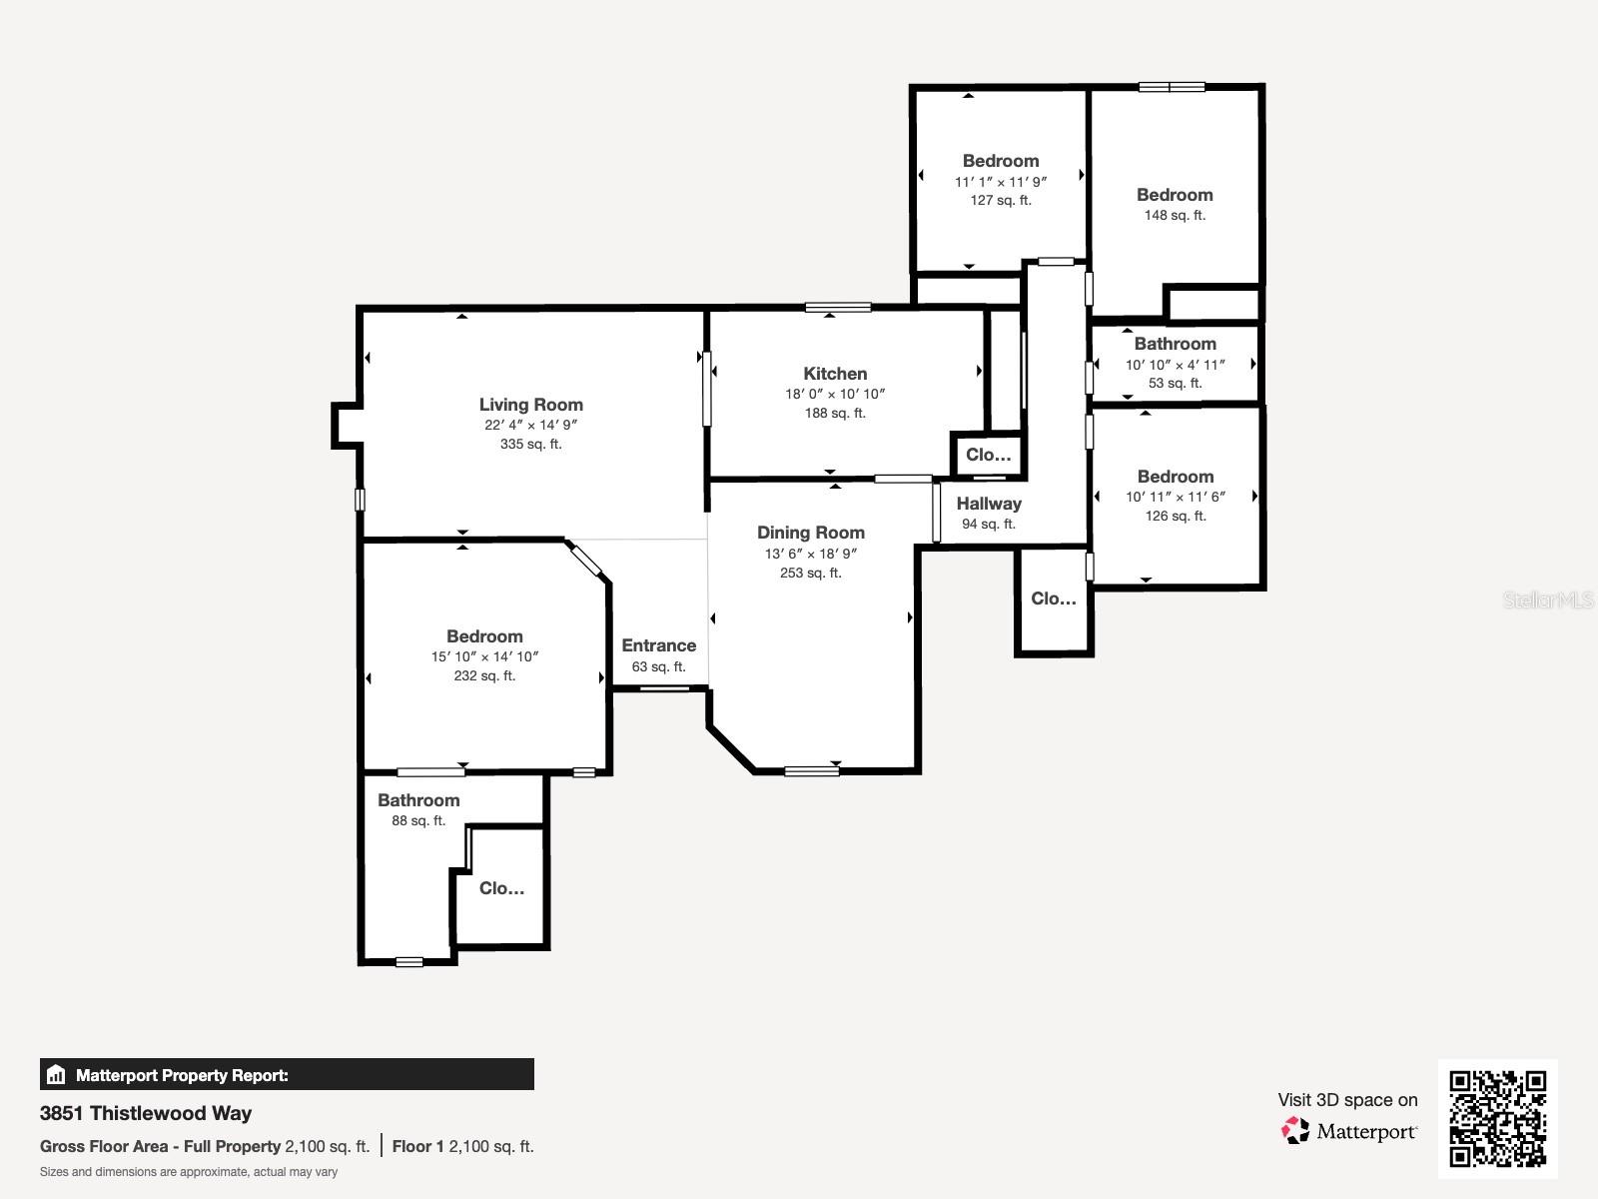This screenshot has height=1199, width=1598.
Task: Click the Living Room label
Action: [530, 405]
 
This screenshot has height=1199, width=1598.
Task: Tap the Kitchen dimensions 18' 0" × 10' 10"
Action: [835, 394]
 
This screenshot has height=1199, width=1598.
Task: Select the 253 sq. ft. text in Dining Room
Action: [810, 573]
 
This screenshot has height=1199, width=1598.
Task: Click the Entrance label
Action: [658, 645]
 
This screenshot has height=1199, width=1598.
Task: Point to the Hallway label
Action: [989, 504]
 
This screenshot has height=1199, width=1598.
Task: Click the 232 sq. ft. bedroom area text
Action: [484, 675]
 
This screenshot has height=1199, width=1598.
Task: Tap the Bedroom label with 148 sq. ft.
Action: [1175, 195]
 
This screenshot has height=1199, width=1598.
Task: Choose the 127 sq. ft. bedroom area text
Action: [1001, 200]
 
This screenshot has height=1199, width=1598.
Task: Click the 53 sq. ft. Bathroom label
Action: [1175, 344]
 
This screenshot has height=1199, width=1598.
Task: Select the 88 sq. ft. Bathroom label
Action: [418, 800]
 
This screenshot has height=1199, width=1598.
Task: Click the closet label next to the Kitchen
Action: [988, 455]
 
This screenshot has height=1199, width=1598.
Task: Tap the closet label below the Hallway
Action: [1054, 599]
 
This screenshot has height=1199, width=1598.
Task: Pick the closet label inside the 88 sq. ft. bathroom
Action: [501, 888]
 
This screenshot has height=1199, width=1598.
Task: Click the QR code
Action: [1497, 1118]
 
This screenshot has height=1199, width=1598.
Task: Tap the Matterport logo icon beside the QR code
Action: [1296, 1130]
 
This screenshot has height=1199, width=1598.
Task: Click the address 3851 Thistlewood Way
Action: [146, 1113]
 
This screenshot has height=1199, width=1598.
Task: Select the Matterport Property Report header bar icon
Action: [56, 1075]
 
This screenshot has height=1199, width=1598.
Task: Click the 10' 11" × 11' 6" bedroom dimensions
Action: [1175, 497]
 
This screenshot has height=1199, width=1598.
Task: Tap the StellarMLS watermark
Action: [1548, 599]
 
